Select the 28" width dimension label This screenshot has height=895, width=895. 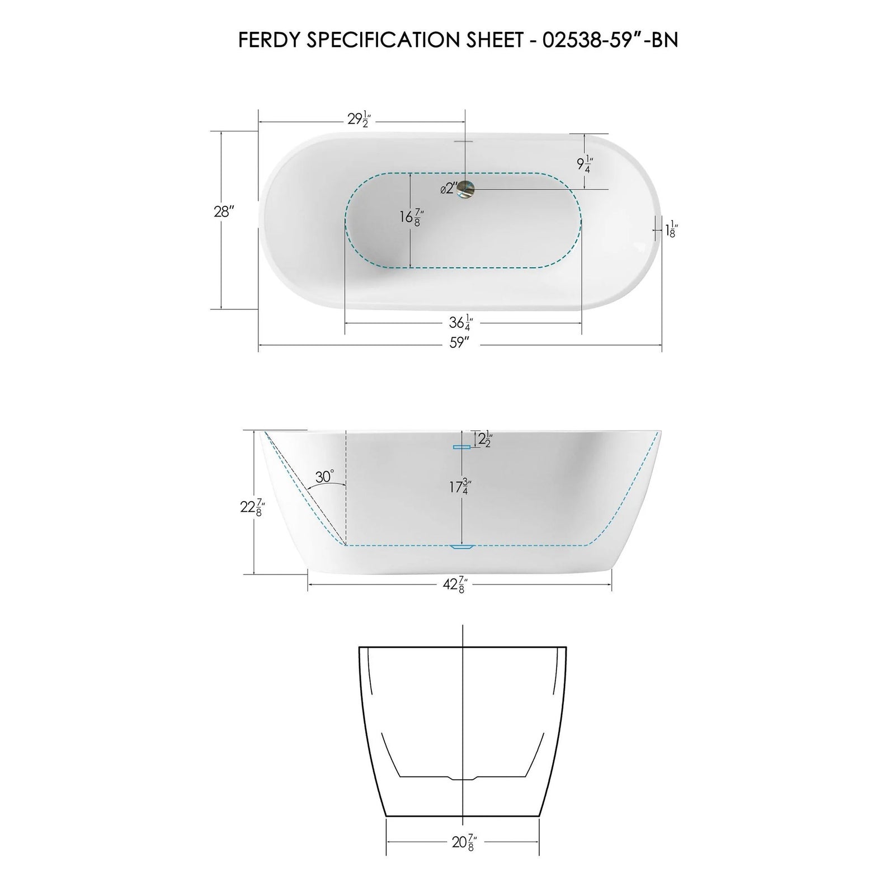pos(223,212)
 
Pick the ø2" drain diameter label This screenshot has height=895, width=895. pos(448,189)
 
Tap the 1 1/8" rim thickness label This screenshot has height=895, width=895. pos(670,228)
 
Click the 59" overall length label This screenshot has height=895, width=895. pos(458,343)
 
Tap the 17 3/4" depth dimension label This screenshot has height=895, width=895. pos(458,487)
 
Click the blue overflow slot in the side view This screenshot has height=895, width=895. pos(461,446)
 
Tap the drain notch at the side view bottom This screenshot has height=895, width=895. pos(463,547)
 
